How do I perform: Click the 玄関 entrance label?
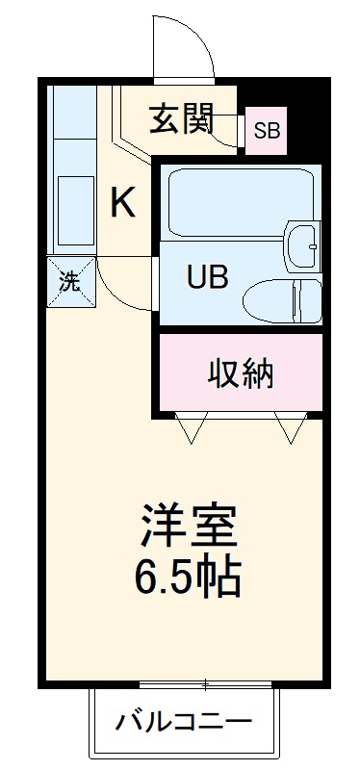pos(180,122)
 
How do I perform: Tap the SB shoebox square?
pos(266,131)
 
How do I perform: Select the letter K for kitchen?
pos(122,202)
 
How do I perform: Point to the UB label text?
pos(207,278)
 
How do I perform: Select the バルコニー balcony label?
pos(185,720)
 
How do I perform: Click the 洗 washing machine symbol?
pos(71,282)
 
